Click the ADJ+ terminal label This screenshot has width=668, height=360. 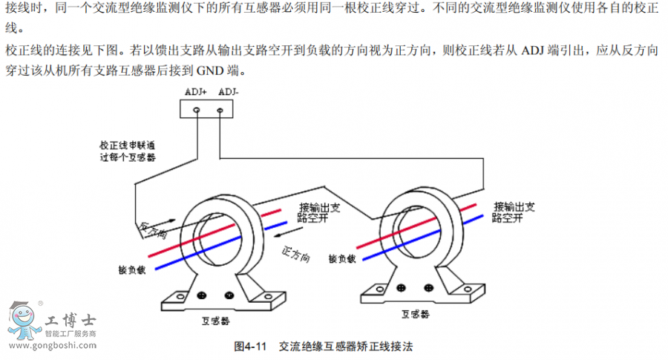point(195,93)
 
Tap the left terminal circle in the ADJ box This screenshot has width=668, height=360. point(197,111)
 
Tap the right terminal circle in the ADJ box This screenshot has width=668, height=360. point(220,111)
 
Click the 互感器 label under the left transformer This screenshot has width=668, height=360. point(215,321)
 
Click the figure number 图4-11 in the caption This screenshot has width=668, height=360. point(249,346)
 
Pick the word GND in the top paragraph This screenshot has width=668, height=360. point(213,73)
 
